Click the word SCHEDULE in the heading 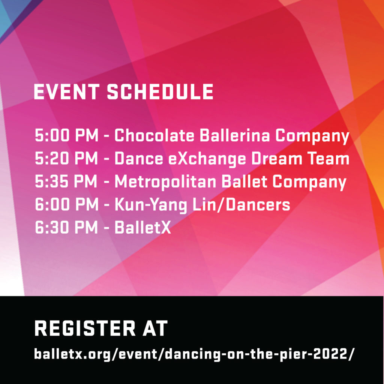point(160,92)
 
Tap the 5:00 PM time point(66,135)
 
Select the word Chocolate point(154,135)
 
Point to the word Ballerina point(235,135)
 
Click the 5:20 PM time point(66,158)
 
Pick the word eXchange point(207,159)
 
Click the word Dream point(277,158)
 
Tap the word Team point(328,158)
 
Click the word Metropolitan point(165,182)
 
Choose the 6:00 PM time point(66,204)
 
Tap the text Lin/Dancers point(241,204)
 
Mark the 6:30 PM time point(66,227)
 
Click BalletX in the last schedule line point(142,227)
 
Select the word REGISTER point(85,328)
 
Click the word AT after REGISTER point(155,328)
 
